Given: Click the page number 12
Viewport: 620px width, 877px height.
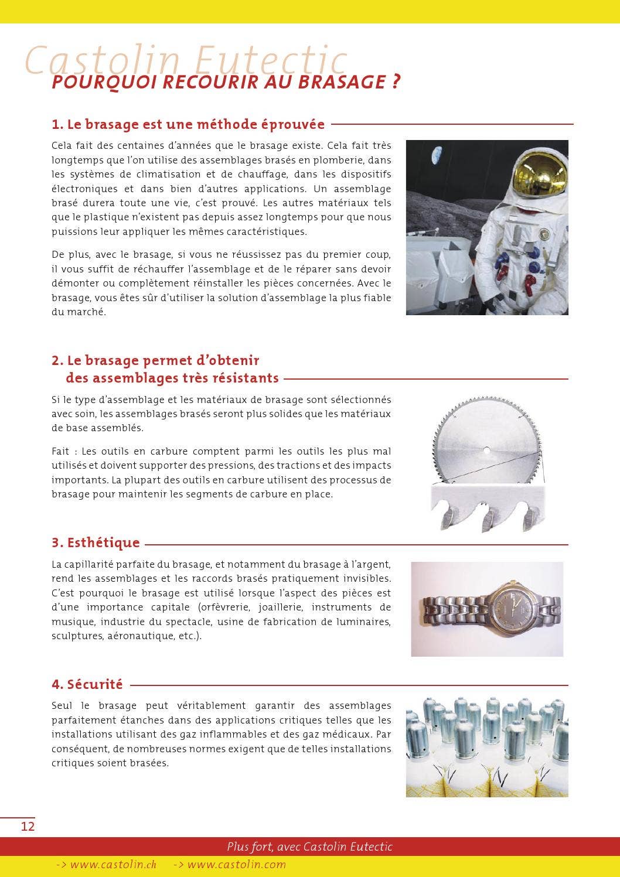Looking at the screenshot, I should pyautogui.click(x=28, y=826).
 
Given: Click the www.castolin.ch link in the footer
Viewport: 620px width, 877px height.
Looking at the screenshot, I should pyautogui.click(x=106, y=864).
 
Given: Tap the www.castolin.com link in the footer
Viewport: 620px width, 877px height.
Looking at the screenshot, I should pyautogui.click(x=230, y=864).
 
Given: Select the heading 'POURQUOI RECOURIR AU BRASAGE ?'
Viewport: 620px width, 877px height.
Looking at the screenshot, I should pyautogui.click(x=226, y=81).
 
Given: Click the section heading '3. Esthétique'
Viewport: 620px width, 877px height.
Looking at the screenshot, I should pyautogui.click(x=96, y=542).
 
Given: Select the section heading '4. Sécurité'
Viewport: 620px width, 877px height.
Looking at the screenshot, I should pyautogui.click(x=87, y=684).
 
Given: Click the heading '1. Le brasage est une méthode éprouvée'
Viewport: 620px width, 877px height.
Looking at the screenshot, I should pyautogui.click(x=188, y=124).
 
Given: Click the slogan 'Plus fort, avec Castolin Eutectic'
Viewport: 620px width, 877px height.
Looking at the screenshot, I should pyautogui.click(x=309, y=847).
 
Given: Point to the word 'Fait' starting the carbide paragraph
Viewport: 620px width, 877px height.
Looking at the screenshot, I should pyautogui.click(x=60, y=452).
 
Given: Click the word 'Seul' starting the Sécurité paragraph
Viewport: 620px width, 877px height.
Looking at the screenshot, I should pyautogui.click(x=62, y=706).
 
